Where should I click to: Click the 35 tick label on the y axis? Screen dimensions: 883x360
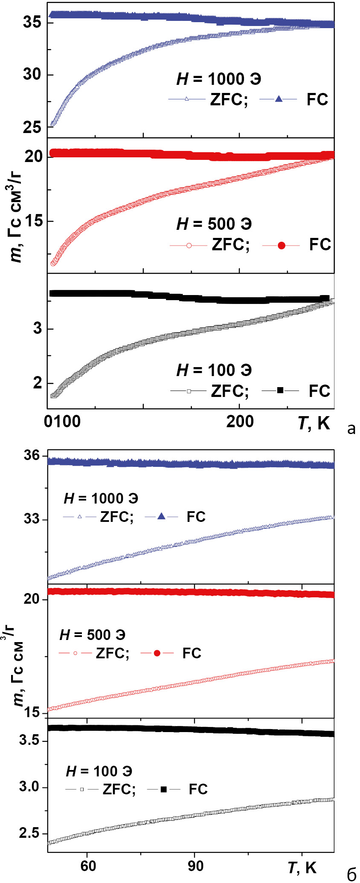pos(32,22)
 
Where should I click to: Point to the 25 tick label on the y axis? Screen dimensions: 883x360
pos(32,127)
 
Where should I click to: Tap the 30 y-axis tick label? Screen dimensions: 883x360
pos(32,75)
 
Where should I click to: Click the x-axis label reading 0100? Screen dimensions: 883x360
pos(62,422)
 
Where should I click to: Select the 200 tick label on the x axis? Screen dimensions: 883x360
pos(240,422)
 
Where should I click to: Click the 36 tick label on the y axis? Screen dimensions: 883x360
pos(32,455)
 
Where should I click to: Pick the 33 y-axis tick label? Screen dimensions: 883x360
pos(32,519)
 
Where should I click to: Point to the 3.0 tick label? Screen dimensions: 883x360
pos(29,786)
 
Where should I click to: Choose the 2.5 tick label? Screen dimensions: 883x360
pos(29,833)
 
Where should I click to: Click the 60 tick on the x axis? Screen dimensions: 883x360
pos(88,866)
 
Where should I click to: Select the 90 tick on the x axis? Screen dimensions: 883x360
pos(195,866)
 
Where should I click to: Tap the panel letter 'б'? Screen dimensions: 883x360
pos(351,874)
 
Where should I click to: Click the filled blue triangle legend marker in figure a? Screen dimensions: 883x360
pos(279,99)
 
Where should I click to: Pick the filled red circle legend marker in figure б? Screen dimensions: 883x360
pos(157,653)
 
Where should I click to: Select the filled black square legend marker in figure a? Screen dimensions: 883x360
pos(280,390)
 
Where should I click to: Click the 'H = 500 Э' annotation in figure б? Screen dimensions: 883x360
pos(93,635)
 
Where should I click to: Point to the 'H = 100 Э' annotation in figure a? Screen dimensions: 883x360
pos(214,370)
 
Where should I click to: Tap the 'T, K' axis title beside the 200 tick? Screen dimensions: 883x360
pos(314,423)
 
